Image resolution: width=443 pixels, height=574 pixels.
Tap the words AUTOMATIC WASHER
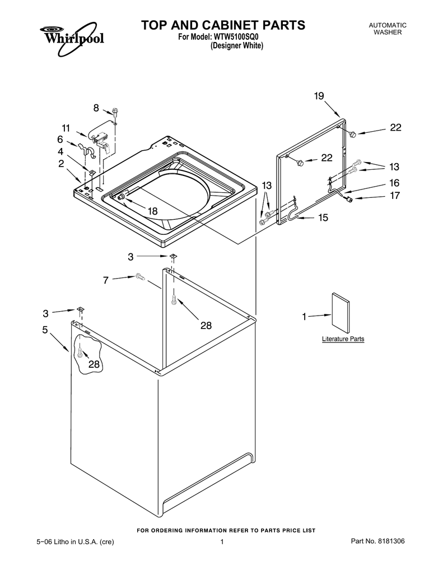pyautogui.click(x=388, y=29)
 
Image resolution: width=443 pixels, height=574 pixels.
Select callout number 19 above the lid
pyautogui.click(x=319, y=96)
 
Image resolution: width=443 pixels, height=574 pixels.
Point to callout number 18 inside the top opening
pyautogui.click(x=152, y=211)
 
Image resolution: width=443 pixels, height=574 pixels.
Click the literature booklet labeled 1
pyautogui.click(x=341, y=313)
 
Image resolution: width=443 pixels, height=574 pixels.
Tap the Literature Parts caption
pyautogui.click(x=343, y=339)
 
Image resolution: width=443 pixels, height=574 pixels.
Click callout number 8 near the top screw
pyautogui.click(x=96, y=108)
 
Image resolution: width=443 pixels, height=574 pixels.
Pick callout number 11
pyautogui.click(x=66, y=128)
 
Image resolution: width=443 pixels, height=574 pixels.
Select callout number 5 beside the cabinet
pyautogui.click(x=45, y=330)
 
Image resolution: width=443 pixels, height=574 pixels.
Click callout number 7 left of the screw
pyautogui.click(x=106, y=280)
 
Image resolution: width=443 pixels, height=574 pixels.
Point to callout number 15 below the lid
pyautogui.click(x=323, y=217)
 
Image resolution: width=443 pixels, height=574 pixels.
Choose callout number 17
pyautogui.click(x=395, y=196)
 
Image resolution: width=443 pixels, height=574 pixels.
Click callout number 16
pyautogui.click(x=394, y=183)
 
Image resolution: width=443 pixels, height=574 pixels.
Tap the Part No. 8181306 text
pyautogui.click(x=377, y=541)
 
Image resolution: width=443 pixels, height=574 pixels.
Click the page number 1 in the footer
pyautogui.click(x=222, y=541)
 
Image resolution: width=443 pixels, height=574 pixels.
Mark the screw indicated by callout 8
pyautogui.click(x=115, y=112)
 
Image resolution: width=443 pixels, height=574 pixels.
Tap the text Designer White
pyautogui.click(x=237, y=46)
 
